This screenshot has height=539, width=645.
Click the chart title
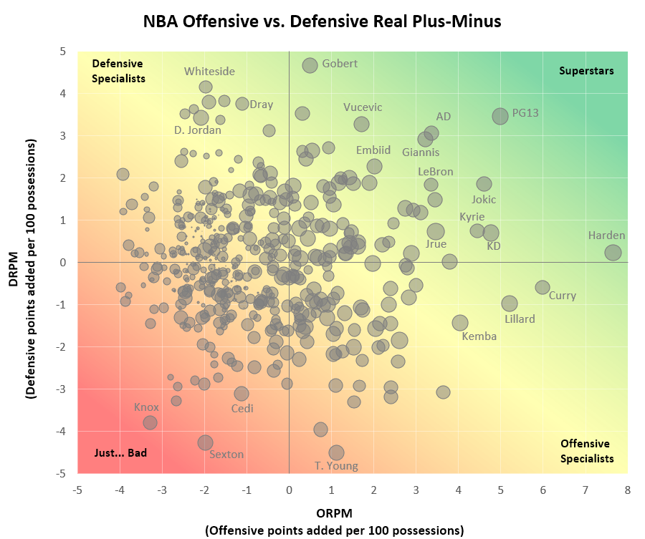click(x=322, y=21)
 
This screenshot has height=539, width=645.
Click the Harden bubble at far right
click(x=613, y=252)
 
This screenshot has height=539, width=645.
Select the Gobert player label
click(x=340, y=64)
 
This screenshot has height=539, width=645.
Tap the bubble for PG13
click(x=500, y=116)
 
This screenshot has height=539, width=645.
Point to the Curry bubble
click(x=543, y=287)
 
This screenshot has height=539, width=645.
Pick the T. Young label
click(x=336, y=466)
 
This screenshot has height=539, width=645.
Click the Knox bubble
click(x=150, y=422)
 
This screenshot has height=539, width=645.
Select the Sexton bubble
click(x=205, y=442)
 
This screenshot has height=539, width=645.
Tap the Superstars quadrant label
click(x=586, y=71)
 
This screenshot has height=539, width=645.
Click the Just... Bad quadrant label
click(x=120, y=452)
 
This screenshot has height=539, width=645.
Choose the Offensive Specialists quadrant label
click(x=586, y=451)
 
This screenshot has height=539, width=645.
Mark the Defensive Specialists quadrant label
click(x=119, y=71)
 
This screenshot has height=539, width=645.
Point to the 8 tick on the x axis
click(x=627, y=490)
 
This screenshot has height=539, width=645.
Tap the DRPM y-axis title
click(x=21, y=262)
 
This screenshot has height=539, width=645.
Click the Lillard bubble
click(x=510, y=304)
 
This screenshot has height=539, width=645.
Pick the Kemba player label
click(x=479, y=336)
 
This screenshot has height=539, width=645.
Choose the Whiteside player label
click(x=209, y=71)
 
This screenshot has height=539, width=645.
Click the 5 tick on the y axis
click(x=64, y=52)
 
